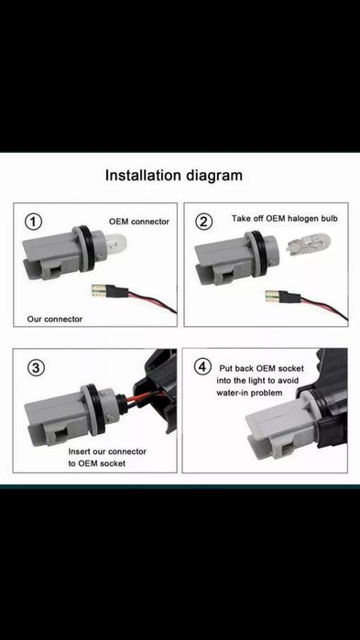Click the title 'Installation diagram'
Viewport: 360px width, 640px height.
[x=174, y=176]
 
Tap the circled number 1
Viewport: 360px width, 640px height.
[x=34, y=222]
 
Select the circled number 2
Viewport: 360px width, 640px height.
[x=203, y=222]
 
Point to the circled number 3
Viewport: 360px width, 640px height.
[x=36, y=368]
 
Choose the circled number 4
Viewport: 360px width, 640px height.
[x=202, y=366]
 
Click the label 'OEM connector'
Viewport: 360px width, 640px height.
[x=138, y=222]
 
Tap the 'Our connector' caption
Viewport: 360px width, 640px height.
[x=55, y=320]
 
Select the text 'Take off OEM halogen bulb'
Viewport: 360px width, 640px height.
[x=285, y=218]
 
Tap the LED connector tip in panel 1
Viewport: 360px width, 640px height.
[x=101, y=292]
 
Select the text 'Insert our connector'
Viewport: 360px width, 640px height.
[x=107, y=451]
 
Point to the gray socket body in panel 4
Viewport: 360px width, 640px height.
[x=281, y=428]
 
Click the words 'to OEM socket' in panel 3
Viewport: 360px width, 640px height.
[x=97, y=463]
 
